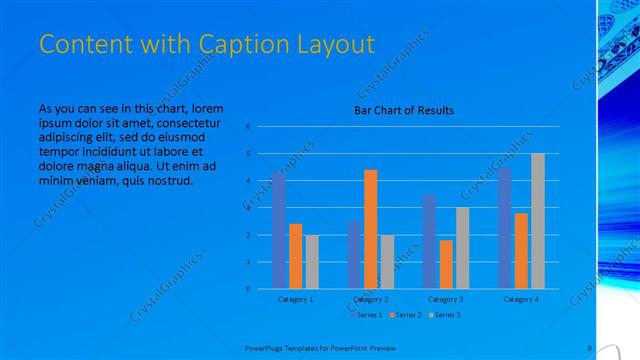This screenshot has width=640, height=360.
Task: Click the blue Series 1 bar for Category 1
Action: coord(279,231)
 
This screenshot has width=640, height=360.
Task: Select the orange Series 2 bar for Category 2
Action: coord(370,229)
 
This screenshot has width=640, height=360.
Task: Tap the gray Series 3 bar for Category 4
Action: coord(537,221)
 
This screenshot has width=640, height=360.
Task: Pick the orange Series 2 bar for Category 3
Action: coord(445,264)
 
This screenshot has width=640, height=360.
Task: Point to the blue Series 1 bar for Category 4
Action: coord(504,228)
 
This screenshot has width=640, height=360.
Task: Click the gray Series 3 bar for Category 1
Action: coord(312,262)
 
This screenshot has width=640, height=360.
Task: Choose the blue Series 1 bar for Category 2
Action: coord(354,255)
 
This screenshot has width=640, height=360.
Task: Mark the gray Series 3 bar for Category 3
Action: coord(462,248)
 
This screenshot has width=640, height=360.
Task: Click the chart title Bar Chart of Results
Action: coord(404,110)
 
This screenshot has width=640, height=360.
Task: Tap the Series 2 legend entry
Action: coord(404,314)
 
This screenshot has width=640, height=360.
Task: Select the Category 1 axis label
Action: coord(295,299)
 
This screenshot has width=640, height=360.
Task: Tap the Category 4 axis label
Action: coord(520,299)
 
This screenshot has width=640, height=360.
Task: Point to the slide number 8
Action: coord(590,348)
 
